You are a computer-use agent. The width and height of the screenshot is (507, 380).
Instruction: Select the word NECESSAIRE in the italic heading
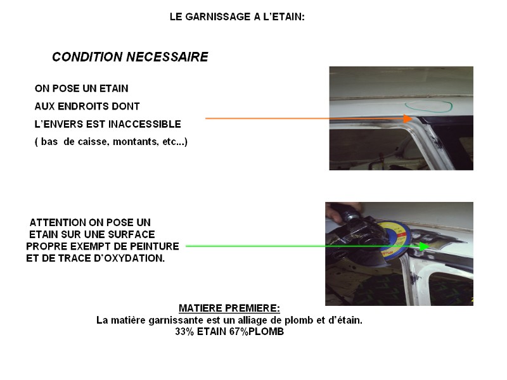pyautogui.click(x=167, y=57)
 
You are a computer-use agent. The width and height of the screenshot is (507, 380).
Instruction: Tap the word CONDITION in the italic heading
pyautogui.click(x=87, y=57)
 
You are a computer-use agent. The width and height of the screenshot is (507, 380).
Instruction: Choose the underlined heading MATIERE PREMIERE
pyautogui.click(x=229, y=308)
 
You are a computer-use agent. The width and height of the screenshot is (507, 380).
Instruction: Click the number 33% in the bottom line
pyautogui.click(x=184, y=331)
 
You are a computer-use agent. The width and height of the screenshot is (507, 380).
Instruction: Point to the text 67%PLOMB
pyautogui.click(x=257, y=331)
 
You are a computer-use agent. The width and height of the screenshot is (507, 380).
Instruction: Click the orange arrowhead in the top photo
pyautogui.click(x=408, y=118)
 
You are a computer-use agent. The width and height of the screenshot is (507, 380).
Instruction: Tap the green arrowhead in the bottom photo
pyautogui.click(x=424, y=246)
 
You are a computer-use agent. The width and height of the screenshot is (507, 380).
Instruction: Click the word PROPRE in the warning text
pyautogui.click(x=46, y=246)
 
